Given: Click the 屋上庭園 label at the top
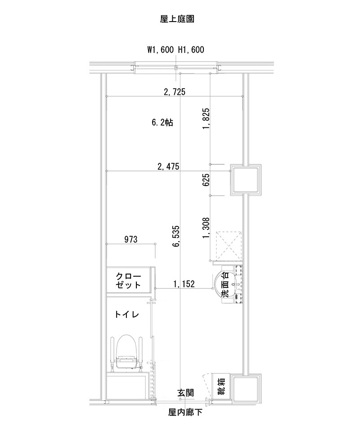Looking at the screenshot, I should click(177, 19).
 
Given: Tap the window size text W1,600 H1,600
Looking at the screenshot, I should click(176, 50).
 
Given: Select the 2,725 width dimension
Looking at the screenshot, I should click(175, 92).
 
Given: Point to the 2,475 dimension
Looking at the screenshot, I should click(168, 166).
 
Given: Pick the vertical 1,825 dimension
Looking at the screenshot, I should click(206, 119).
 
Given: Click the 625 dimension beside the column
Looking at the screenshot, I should click(206, 180).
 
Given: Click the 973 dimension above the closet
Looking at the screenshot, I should click(130, 239).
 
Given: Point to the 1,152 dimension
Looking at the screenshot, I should click(184, 283).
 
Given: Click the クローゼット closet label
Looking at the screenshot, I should click(128, 280).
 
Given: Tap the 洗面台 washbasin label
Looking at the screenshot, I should click(225, 284).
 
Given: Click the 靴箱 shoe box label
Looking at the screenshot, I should click(221, 386).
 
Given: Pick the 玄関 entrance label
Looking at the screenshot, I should click(185, 393).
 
